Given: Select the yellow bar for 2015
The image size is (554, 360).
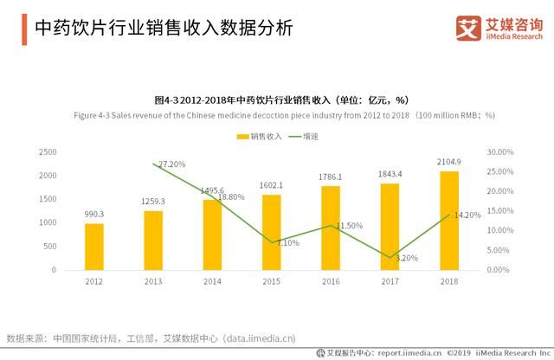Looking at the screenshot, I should click(x=272, y=232).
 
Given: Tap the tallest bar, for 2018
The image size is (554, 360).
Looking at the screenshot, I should click(x=449, y=220).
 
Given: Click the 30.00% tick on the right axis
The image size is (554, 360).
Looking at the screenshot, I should click(x=501, y=152).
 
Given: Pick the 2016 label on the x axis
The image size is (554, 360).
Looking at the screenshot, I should click(x=331, y=282).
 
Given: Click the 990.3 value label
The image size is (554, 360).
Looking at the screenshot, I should click(x=93, y=214).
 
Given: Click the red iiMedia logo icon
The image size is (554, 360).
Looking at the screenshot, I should click(x=468, y=29).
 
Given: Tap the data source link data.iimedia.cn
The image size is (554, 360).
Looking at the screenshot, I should click(x=273, y=337).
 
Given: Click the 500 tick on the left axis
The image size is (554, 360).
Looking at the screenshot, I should click(x=50, y=247).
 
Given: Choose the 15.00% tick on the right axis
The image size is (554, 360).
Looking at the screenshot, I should click(x=501, y=211).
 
